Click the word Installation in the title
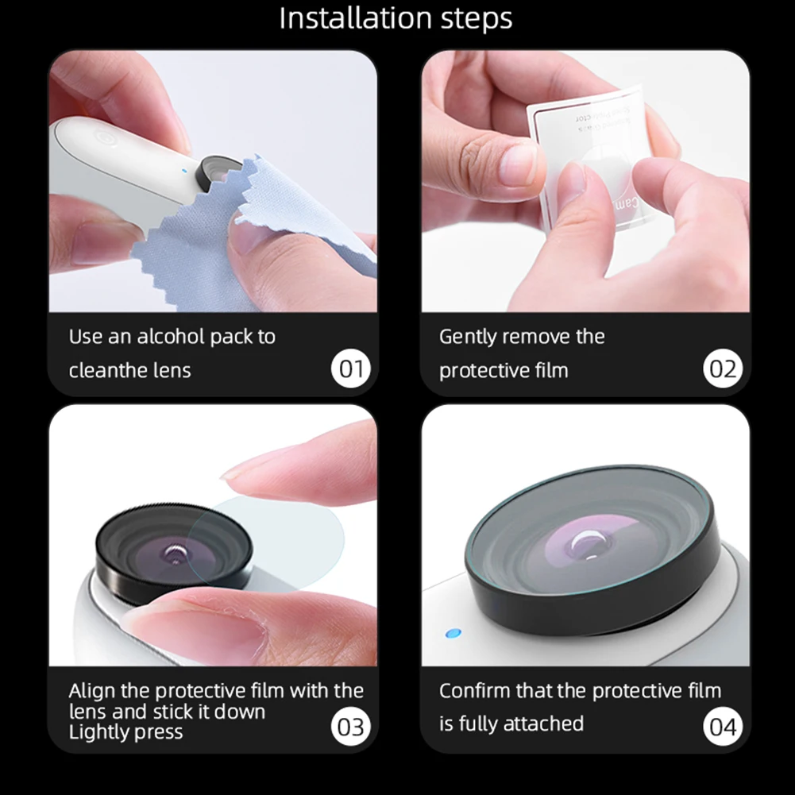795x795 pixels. point(345,19)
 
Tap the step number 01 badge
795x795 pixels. point(350,369)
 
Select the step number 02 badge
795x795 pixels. point(722,369)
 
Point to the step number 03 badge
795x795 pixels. point(350,727)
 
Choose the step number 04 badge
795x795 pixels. point(722,727)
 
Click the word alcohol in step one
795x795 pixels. point(171,336)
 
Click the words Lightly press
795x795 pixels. point(125,731)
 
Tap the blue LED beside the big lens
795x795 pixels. point(453,634)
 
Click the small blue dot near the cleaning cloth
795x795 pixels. point(184,168)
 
